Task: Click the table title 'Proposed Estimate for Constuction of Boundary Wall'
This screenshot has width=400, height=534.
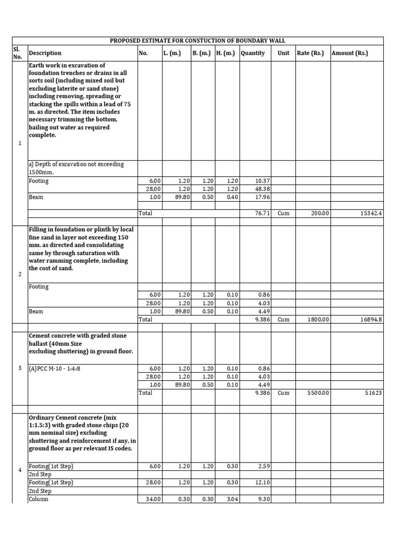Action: coord(197,41)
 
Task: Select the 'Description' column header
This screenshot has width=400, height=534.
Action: coord(45,53)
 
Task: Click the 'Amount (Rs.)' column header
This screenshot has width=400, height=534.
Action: coord(349,53)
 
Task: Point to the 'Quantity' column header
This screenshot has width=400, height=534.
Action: coord(253,53)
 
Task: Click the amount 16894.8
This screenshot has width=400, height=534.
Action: coord(370,319)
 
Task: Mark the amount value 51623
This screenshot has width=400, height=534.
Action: coord(373,393)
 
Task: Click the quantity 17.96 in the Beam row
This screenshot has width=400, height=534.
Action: coord(262,198)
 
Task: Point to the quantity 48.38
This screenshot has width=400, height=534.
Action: coord(262,189)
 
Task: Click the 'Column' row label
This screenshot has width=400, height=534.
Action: coord(39,499)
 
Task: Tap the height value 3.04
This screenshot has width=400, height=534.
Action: coord(231,499)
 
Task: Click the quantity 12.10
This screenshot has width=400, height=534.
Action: coord(262,483)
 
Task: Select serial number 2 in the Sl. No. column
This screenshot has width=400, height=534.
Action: coord(20,273)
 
